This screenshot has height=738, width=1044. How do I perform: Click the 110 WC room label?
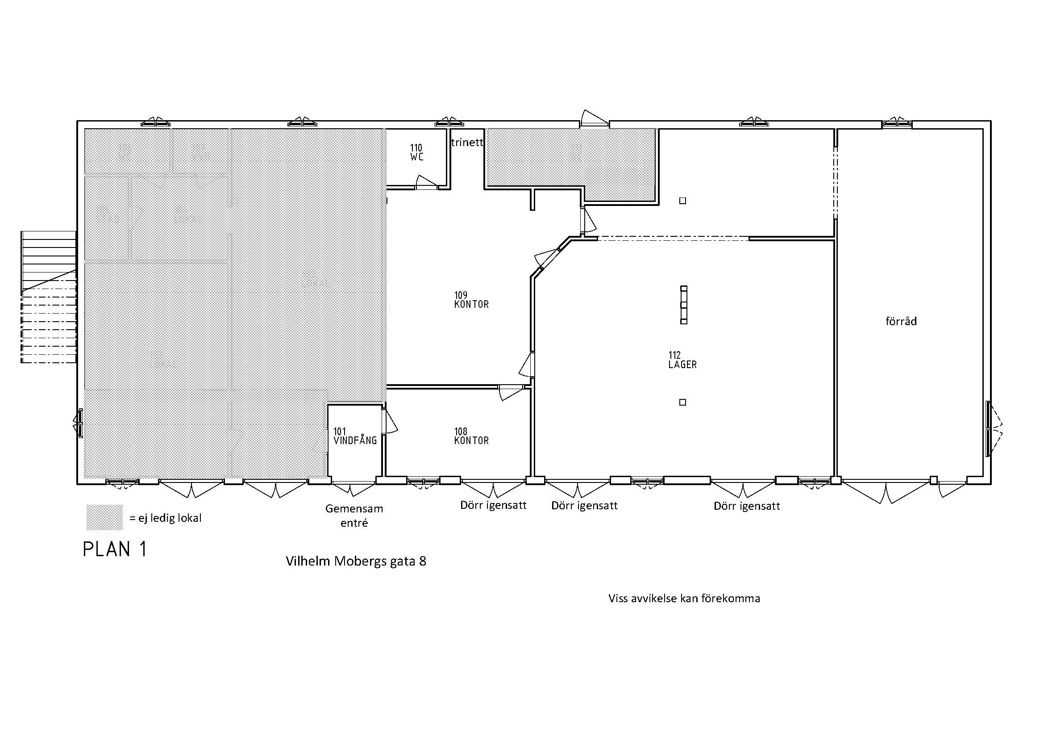[x=416, y=152]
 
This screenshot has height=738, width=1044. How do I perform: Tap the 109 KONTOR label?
[x=471, y=300]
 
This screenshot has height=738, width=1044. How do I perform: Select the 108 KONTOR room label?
[x=471, y=436]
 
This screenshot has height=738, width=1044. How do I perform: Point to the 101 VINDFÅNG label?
[x=355, y=436]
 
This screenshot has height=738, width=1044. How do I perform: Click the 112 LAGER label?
[x=682, y=360]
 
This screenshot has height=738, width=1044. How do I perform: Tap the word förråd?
[x=901, y=321]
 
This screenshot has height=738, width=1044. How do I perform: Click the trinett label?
[x=467, y=143]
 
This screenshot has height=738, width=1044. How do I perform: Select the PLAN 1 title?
[x=115, y=549]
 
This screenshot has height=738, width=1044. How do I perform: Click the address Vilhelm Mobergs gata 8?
[x=356, y=562]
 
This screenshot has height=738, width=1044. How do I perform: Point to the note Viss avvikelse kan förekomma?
[x=684, y=598]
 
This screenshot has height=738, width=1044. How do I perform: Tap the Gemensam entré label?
[x=354, y=516]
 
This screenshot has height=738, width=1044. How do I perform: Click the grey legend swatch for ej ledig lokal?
[x=104, y=517]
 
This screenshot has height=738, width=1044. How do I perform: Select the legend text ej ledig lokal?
[x=166, y=518]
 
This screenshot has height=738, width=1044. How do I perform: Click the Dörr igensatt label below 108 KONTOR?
[x=493, y=505]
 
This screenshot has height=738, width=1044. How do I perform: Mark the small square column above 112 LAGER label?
[x=682, y=201]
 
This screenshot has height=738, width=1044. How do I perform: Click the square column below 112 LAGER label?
[x=682, y=402]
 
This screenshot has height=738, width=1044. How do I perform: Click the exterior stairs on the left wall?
[x=48, y=297]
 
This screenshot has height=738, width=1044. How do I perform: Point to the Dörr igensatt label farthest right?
[x=747, y=506]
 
